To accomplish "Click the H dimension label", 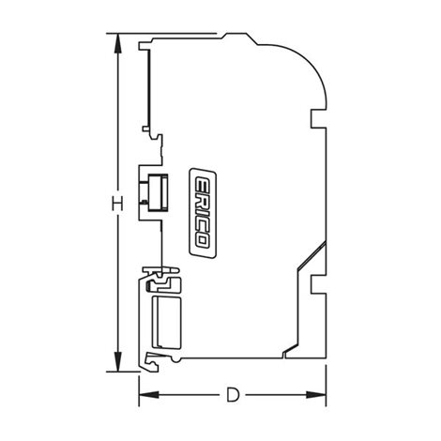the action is (117, 204).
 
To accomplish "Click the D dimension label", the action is (233, 395).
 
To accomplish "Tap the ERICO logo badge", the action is (203, 213).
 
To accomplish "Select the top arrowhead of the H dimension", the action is (117, 43).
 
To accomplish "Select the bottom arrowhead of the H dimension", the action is (117, 361).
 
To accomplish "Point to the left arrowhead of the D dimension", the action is (149, 395).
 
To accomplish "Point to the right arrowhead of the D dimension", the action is (316, 395).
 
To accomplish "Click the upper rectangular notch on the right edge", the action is (318, 118).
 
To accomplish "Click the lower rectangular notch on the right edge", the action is (318, 284).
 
